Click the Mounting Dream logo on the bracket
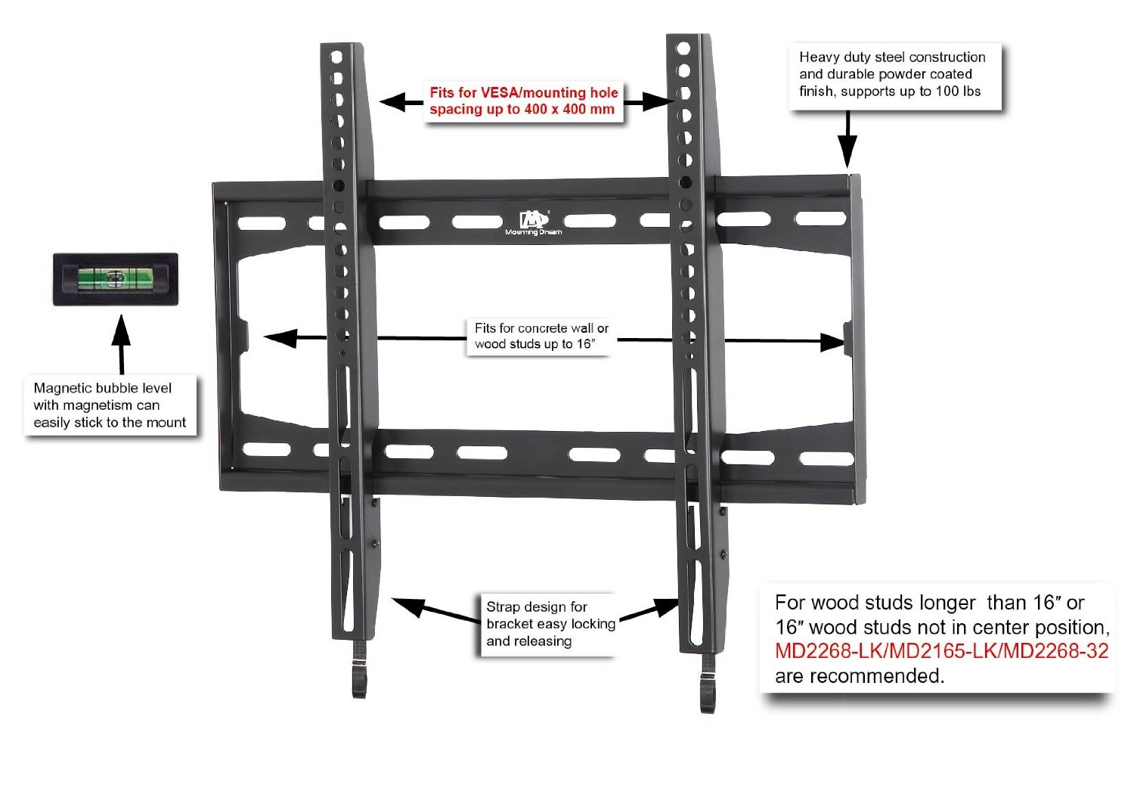click(534, 223)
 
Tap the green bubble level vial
click(116, 279)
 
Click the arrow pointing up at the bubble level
click(121, 344)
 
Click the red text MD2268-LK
click(829, 651)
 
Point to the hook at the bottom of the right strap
click(708, 684)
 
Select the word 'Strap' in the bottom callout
click(502, 607)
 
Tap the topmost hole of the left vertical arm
click(336, 57)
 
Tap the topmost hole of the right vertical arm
click(683, 48)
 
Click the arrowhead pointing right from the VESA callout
click(659, 101)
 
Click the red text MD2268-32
click(1056, 651)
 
